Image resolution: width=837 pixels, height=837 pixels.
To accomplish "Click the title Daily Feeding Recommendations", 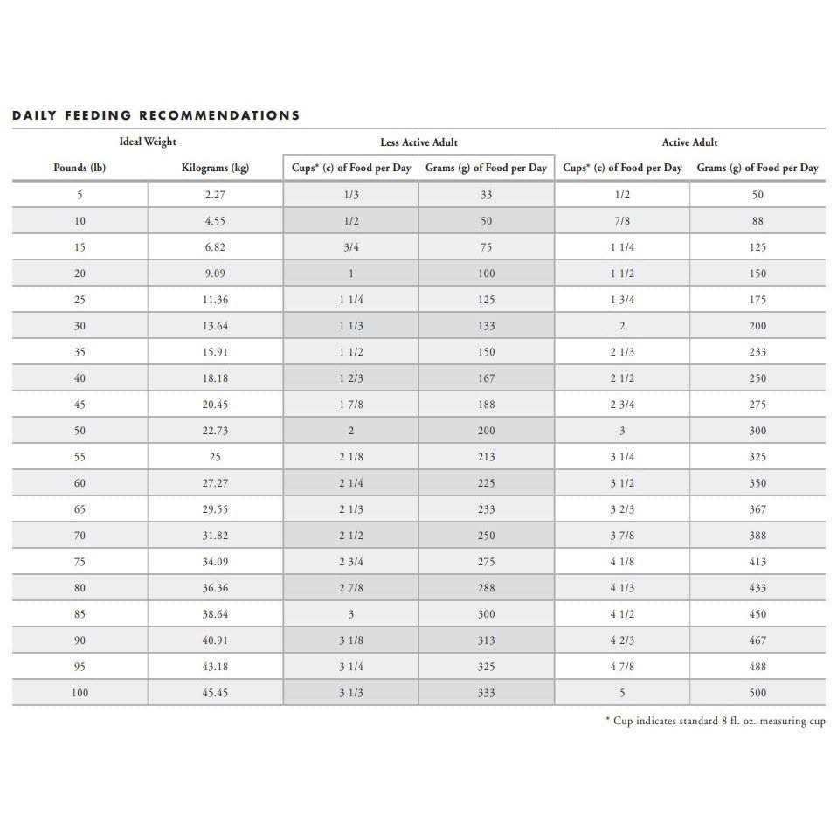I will click(156, 115).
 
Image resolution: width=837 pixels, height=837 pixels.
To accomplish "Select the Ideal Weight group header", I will click(148, 142).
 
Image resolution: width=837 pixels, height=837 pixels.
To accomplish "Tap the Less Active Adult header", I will click(418, 142).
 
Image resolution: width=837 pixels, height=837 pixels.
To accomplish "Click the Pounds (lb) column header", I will click(80, 168).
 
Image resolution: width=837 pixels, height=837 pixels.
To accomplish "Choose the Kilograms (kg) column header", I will click(215, 168).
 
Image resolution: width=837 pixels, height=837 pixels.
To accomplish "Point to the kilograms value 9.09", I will click(215, 273).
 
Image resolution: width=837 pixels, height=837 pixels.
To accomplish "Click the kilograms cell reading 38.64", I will click(215, 614).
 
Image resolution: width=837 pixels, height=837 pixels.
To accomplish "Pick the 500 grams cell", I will click(757, 693).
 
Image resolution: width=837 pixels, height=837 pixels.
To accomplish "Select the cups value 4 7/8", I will click(622, 667).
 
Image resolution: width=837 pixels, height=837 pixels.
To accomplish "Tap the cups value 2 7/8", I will click(351, 588).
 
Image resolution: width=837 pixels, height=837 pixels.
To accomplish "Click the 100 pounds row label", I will click(80, 693).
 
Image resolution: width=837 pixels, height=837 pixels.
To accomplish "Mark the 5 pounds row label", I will click(80, 195).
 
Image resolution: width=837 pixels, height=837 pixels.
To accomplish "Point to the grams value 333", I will click(487, 693).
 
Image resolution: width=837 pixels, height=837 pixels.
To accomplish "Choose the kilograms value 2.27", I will click(215, 195).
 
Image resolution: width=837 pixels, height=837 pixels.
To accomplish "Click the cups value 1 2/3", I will click(351, 378).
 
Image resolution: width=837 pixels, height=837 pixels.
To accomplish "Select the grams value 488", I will click(757, 667).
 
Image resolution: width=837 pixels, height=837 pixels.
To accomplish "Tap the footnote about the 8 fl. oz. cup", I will click(716, 721).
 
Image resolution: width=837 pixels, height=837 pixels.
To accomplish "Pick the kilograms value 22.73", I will click(215, 431).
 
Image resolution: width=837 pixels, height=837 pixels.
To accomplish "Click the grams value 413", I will click(757, 562).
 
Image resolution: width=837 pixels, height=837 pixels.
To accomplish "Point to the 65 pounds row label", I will click(80, 509).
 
